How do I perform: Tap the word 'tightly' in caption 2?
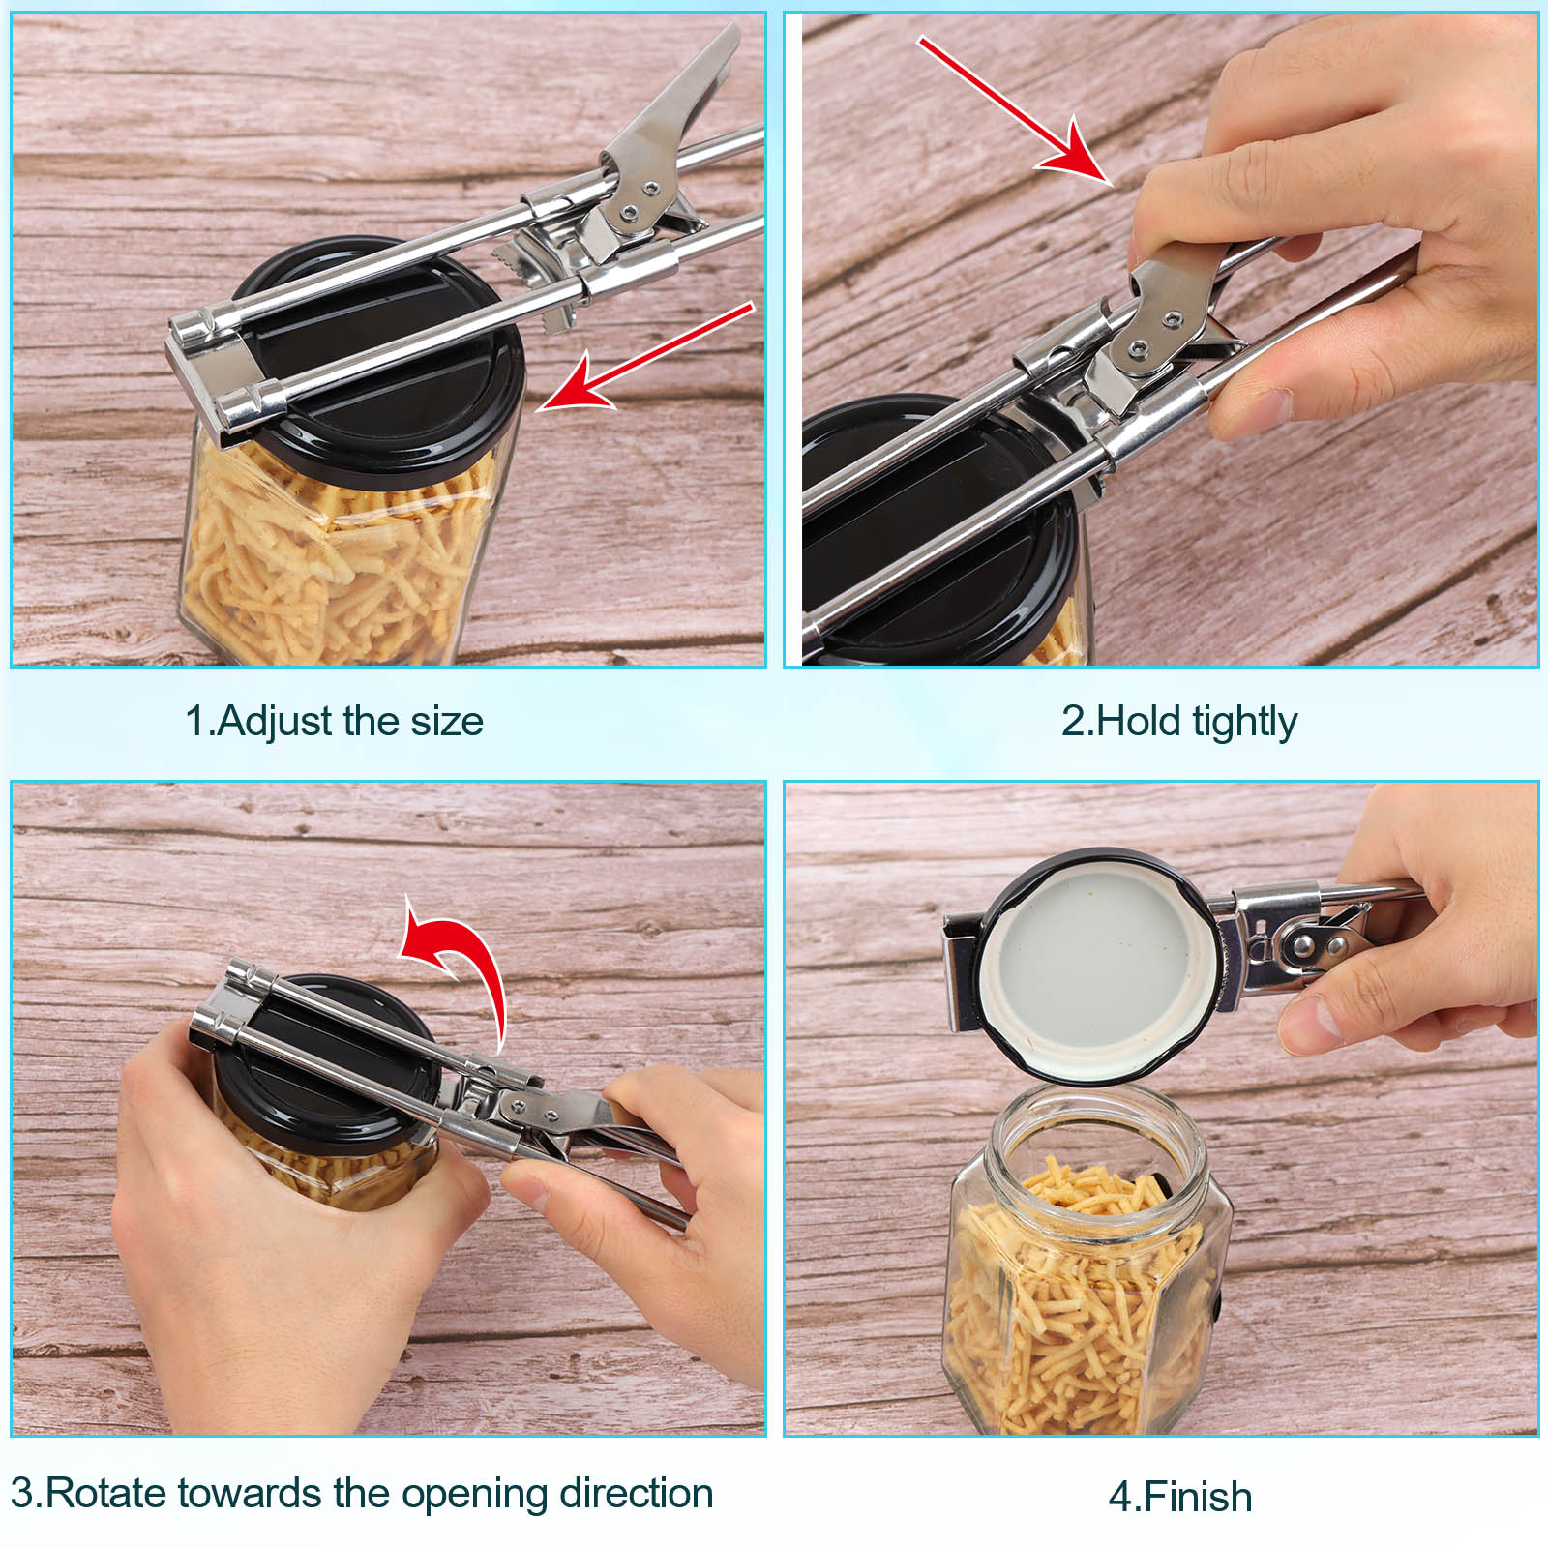[x=1244, y=722]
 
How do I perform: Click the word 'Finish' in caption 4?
[x=1198, y=1497]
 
